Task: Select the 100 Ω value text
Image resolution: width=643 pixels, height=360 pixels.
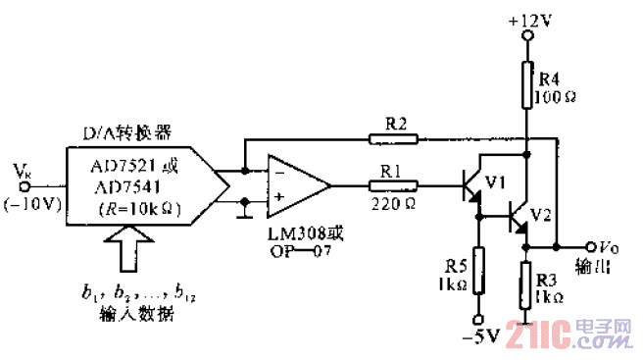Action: point(553,97)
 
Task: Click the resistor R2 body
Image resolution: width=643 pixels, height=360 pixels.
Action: point(393,138)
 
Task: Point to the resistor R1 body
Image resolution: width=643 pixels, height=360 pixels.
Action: point(393,183)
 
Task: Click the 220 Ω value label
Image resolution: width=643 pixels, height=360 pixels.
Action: point(392,204)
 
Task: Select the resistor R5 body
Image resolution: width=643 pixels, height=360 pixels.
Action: point(477,270)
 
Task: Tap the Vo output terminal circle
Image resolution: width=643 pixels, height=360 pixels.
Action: point(590,247)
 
